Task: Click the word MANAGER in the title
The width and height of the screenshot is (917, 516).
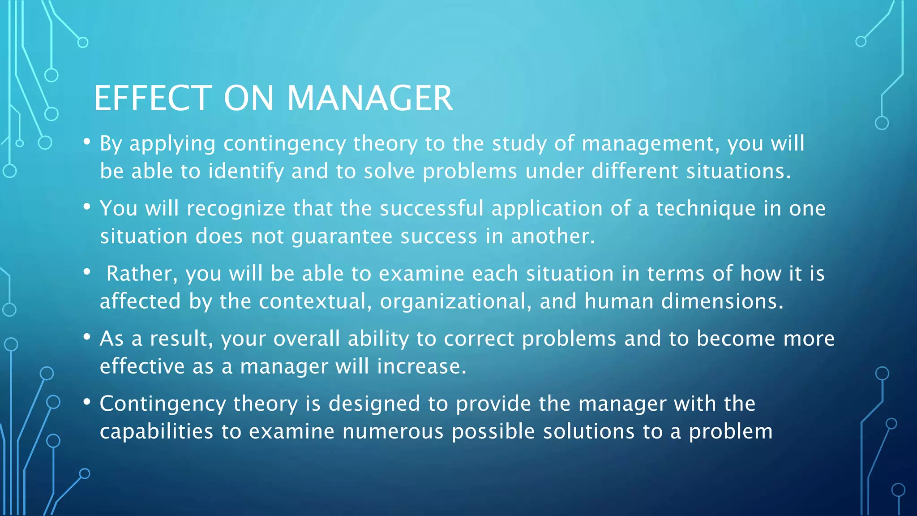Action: click(370, 99)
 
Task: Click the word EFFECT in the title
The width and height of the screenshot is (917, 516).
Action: click(153, 99)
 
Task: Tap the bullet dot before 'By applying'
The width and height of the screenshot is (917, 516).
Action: click(87, 142)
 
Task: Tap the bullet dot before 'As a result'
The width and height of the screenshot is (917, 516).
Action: click(87, 337)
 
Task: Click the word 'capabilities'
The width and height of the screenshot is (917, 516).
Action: click(156, 432)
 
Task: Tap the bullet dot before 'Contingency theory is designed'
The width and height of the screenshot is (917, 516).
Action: click(87, 402)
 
